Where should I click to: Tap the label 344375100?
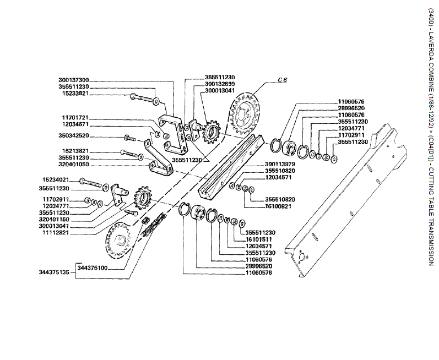coord(93,268)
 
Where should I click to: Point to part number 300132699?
coord(204,84)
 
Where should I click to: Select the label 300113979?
coord(264,164)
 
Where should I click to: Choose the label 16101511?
coord(260,239)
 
